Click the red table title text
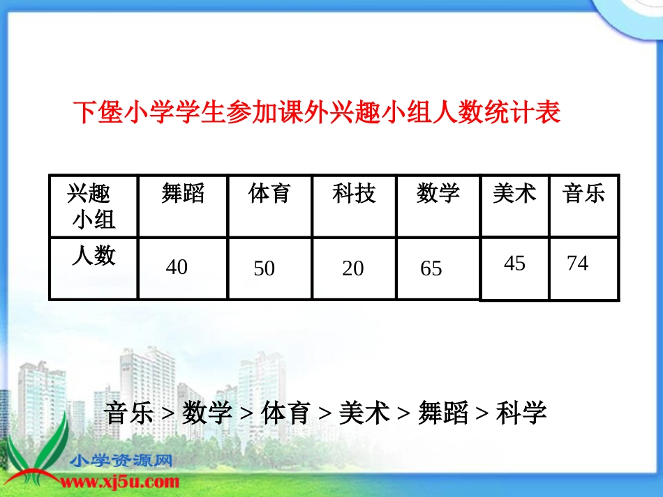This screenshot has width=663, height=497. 317,113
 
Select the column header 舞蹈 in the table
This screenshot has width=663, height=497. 183,193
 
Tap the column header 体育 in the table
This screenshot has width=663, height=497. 269,193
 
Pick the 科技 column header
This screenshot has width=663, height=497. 354,193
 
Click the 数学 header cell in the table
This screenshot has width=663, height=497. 438,193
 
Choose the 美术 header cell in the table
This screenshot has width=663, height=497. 514,193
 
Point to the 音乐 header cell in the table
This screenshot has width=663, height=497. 584,193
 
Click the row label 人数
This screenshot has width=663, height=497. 94,256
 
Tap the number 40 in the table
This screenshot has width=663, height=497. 177,267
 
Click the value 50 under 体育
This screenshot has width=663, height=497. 264,268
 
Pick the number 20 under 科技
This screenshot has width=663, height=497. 352,268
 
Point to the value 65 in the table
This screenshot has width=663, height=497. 431,268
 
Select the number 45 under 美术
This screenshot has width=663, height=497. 514,263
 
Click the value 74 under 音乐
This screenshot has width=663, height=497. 577,263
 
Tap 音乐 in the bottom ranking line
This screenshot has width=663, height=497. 128,413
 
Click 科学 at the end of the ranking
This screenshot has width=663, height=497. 521,413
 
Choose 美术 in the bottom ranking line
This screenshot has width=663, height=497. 364,413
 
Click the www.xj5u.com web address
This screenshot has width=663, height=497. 122,482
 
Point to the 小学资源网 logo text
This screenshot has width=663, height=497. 121,461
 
